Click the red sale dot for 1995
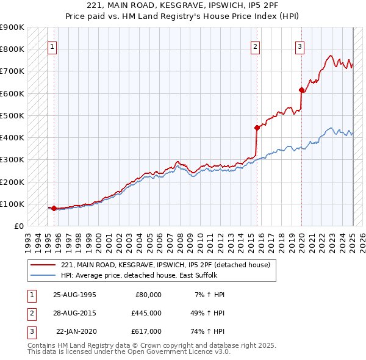(x=54, y=208)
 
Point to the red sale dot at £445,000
(x=257, y=128)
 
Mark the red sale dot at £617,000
(x=301, y=90)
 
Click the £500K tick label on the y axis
(x=13, y=115)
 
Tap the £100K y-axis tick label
(x=13, y=204)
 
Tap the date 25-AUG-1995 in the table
(x=75, y=295)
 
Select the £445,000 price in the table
(x=146, y=313)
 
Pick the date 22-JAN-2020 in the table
(x=76, y=331)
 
